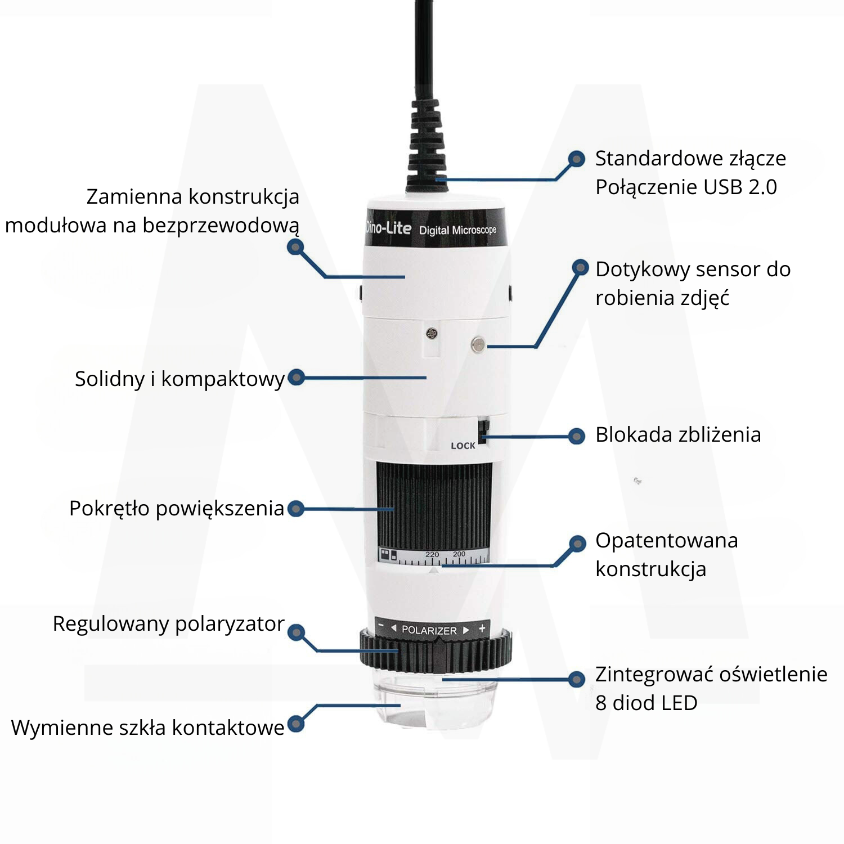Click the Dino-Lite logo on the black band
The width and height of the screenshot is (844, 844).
pyautogui.click(x=388, y=227)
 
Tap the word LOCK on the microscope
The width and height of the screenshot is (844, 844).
pyautogui.click(x=463, y=446)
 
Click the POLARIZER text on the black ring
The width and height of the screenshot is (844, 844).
pyautogui.click(x=429, y=630)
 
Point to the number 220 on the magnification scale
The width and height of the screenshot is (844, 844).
pyautogui.click(x=432, y=554)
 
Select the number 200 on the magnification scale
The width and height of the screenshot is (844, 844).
pyautogui.click(x=459, y=554)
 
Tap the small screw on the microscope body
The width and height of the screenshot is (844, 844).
pyautogui.click(x=432, y=334)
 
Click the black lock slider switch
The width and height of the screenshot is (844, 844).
pyautogui.click(x=483, y=430)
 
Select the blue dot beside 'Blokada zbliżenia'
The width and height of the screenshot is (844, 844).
pyautogui.click(x=576, y=436)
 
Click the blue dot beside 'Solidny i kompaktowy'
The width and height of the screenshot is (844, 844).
pyautogui.click(x=296, y=378)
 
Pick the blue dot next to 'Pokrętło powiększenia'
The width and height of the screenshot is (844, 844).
pyautogui.click(x=296, y=509)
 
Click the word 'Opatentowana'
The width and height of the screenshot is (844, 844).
pyautogui.click(x=666, y=540)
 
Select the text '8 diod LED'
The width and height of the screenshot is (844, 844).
pyautogui.click(x=646, y=703)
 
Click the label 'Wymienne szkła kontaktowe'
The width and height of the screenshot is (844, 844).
pyautogui.click(x=147, y=728)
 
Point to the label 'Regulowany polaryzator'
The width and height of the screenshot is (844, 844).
pyautogui.click(x=168, y=623)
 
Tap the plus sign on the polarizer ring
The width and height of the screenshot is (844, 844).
pyautogui.click(x=482, y=628)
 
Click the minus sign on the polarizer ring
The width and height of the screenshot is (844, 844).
pyautogui.click(x=381, y=626)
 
